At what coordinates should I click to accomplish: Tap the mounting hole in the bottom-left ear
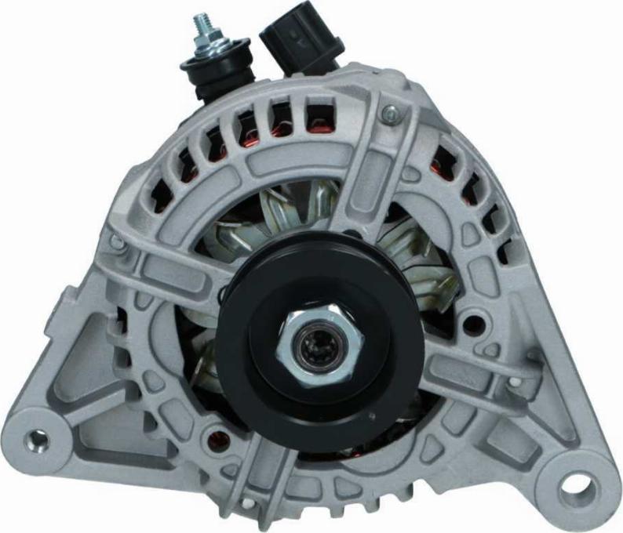pos(36,441)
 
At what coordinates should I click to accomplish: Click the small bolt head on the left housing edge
pos(117,242)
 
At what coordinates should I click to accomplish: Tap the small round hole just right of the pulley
pos(471,322)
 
